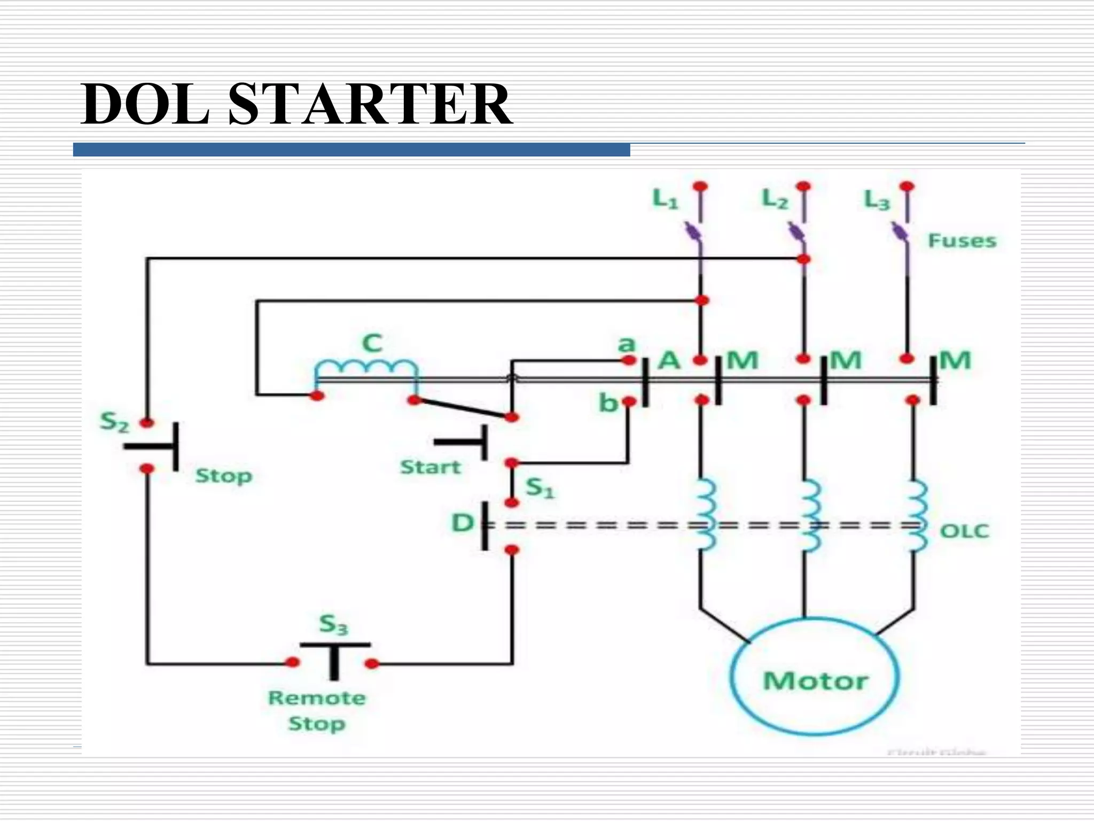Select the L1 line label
(x=665, y=199)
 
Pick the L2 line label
(x=774, y=199)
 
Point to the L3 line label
(x=877, y=200)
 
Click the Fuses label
(x=962, y=241)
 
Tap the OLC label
(x=964, y=531)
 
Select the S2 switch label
(x=114, y=422)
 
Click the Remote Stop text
(x=317, y=710)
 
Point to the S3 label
(x=333, y=624)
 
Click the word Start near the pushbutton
(x=430, y=467)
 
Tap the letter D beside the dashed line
(x=463, y=523)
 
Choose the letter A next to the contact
(x=669, y=360)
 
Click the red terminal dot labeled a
(x=629, y=360)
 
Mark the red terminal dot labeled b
(x=629, y=401)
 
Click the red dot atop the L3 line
(x=907, y=186)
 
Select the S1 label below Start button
(x=540, y=487)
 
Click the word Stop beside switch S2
(x=223, y=475)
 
